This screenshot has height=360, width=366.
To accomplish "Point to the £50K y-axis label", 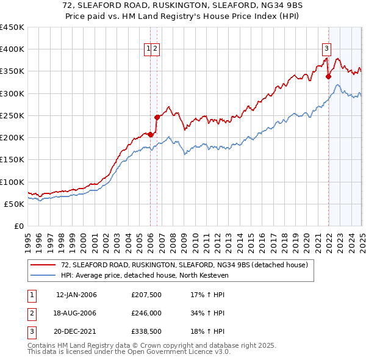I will click(14, 204).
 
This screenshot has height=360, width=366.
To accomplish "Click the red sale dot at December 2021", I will click(328, 76).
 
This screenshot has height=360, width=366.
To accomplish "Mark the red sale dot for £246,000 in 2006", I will click(157, 117).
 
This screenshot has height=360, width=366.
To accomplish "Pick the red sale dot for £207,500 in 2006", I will click(151, 134).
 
